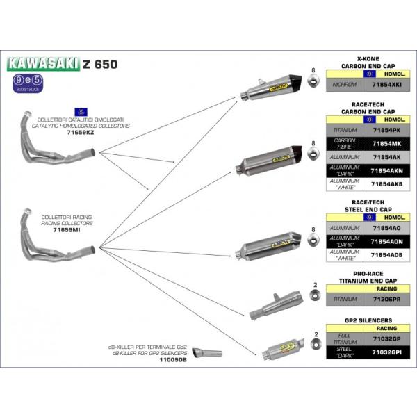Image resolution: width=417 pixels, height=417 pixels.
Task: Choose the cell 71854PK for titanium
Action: click(382, 130)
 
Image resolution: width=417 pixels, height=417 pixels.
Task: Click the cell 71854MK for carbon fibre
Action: click(382, 143)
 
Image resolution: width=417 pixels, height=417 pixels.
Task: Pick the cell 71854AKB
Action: click(382, 184)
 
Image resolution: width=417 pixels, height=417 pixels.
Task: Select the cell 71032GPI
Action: click(382, 354)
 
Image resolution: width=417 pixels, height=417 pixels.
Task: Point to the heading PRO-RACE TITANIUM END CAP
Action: click(366, 277)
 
